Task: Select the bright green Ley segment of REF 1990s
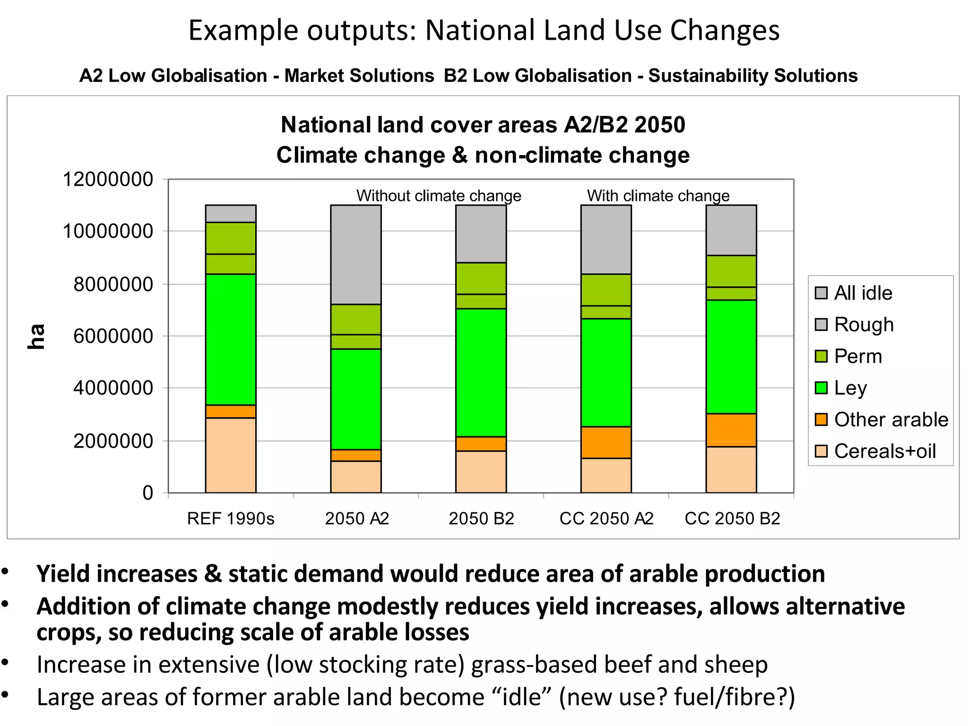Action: pyautogui.click(x=231, y=339)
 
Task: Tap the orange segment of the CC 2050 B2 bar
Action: pyautogui.click(x=731, y=430)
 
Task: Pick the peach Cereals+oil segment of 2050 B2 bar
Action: pyautogui.click(x=481, y=471)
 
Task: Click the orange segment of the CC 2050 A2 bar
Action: pyautogui.click(x=606, y=442)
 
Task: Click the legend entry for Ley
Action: pyautogui.click(x=850, y=388)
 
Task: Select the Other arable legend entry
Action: pyautogui.click(x=890, y=420)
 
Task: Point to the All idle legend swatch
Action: pyautogui.click(x=821, y=293)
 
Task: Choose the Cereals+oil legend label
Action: pyautogui.click(x=884, y=451)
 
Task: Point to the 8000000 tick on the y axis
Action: pyautogui.click(x=113, y=284)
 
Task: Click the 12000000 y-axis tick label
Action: pyautogui.click(x=108, y=179)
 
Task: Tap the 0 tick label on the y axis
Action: pyautogui.click(x=148, y=493)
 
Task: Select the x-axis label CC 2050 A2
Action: pyautogui.click(x=606, y=519)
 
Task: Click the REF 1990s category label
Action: pyautogui.click(x=231, y=519)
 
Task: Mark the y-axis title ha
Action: pyautogui.click(x=36, y=337)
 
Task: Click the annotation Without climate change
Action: pyautogui.click(x=439, y=196)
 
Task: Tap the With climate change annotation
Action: pyautogui.click(x=658, y=196)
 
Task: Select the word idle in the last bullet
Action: pyautogui.click(x=521, y=697)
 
